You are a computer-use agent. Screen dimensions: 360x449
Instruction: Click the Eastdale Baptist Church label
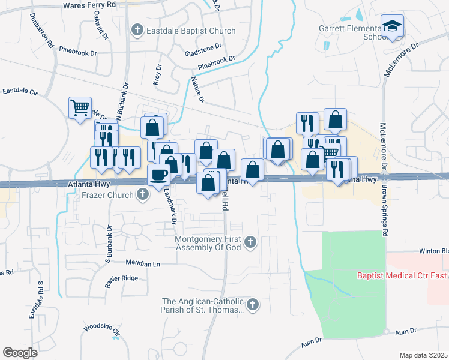pyautogui.click(x=185, y=29)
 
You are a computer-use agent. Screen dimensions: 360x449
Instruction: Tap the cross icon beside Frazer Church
pyautogui.click(x=143, y=194)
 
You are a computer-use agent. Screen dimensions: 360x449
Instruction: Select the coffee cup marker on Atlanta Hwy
pyautogui.click(x=159, y=175)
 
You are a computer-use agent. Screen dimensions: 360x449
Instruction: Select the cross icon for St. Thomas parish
pyautogui.click(x=253, y=305)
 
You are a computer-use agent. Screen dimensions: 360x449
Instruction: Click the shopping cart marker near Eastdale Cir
pyautogui.click(x=80, y=108)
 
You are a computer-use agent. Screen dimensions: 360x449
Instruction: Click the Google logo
pyautogui.click(x=20, y=353)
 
